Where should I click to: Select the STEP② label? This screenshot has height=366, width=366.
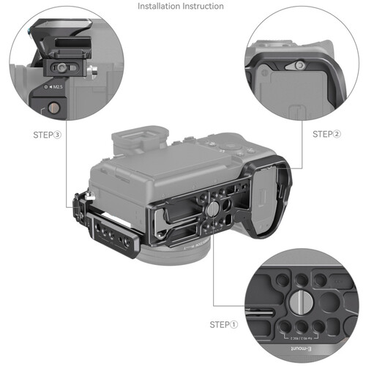(x=326, y=134)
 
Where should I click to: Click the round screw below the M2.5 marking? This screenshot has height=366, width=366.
(x=56, y=108)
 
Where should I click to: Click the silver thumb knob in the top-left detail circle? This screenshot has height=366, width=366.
(x=94, y=72)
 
